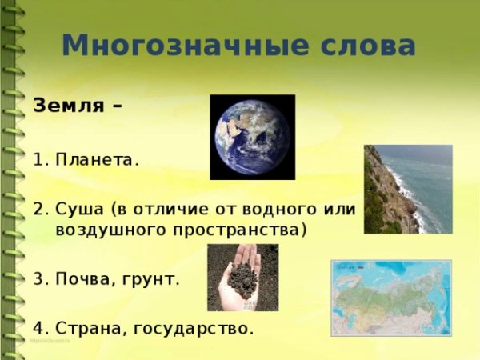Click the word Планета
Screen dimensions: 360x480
(97, 159)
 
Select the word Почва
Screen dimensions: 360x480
(83, 281)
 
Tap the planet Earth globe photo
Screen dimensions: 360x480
(252, 137)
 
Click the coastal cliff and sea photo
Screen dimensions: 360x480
(407, 189)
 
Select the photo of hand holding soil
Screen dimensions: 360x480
(242, 277)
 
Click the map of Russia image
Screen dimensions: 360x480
(391, 298)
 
